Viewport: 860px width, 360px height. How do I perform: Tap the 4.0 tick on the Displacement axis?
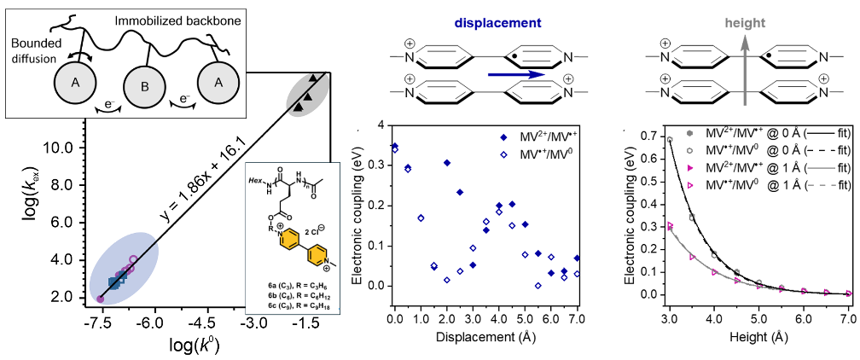(x=498, y=317)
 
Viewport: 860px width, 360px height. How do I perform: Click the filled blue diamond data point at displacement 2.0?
(x=446, y=162)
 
